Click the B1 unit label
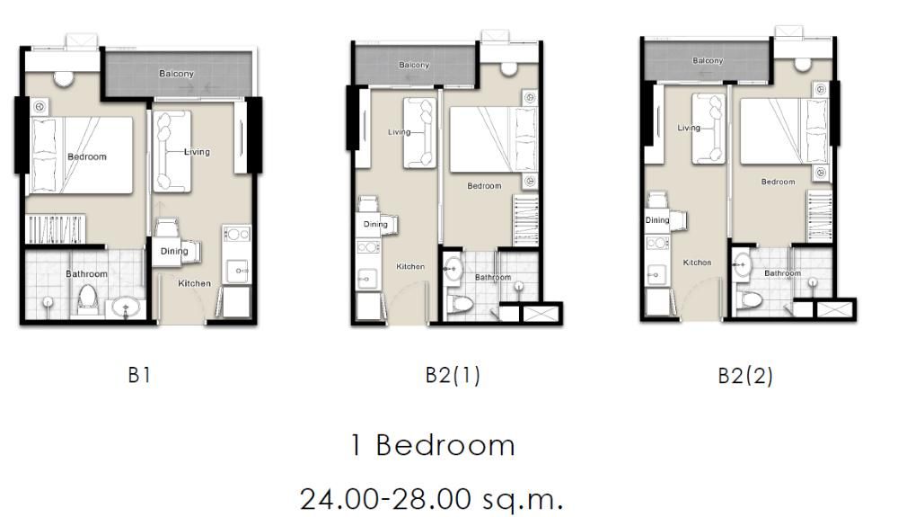tap(138, 375)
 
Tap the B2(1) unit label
tap(453, 375)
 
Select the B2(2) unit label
tap(744, 376)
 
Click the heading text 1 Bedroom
tap(433, 445)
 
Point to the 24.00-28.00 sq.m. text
tap(432, 497)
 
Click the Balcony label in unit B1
tap(176, 73)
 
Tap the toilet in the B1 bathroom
tap(87, 299)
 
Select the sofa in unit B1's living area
tap(170, 151)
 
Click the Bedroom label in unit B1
tap(87, 156)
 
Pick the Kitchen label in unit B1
tap(194, 283)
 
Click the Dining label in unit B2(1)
tap(375, 224)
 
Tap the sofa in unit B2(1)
tap(419, 133)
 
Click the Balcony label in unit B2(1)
tap(414, 65)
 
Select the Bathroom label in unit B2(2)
tap(783, 272)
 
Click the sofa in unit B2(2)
tap(709, 129)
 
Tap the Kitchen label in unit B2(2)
tap(697, 263)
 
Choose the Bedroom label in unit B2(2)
tap(778, 182)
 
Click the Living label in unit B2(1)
tap(399, 132)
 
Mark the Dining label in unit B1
tap(174, 251)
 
